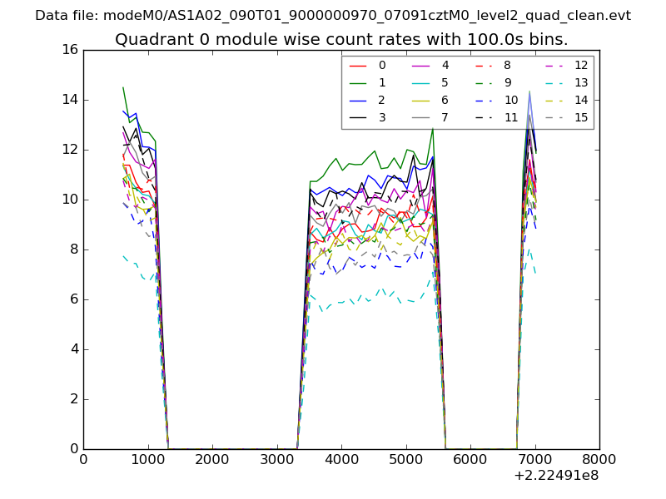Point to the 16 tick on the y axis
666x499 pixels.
[69, 50]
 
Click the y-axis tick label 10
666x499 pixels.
[69, 200]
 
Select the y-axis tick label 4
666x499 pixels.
[73, 349]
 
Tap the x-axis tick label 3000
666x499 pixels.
[276, 459]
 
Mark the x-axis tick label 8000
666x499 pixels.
[599, 459]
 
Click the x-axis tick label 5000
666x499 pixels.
[405, 459]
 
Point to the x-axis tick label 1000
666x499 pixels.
[147, 459]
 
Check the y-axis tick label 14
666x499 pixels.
[69, 100]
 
